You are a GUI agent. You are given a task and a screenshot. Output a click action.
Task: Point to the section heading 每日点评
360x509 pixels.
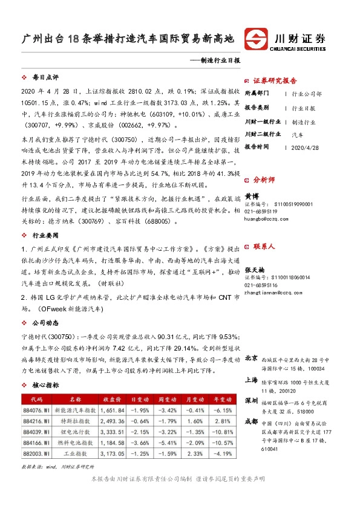tap(45, 77)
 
